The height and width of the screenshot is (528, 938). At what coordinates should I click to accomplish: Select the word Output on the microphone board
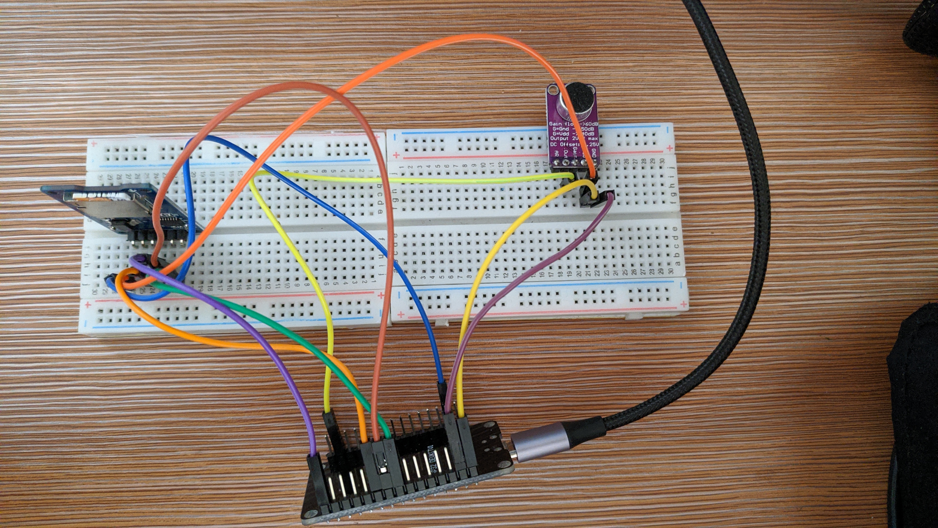coord(559,138)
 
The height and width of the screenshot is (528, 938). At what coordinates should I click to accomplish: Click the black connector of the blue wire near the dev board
coord(442,394)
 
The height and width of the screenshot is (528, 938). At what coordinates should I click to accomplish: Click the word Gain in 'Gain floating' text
coord(556,125)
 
